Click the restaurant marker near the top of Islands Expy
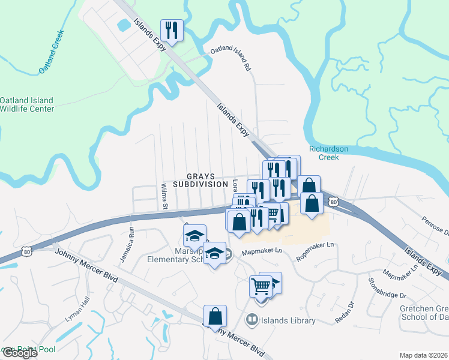click(x=172, y=30)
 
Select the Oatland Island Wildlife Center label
click(x=27, y=104)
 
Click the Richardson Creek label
click(x=333, y=153)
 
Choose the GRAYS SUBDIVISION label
click(x=200, y=180)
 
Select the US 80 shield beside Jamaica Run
click(x=26, y=251)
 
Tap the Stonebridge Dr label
click(x=387, y=287)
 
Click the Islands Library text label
click(x=288, y=320)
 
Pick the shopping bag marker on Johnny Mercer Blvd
click(x=215, y=316)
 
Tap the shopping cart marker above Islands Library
click(x=261, y=286)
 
